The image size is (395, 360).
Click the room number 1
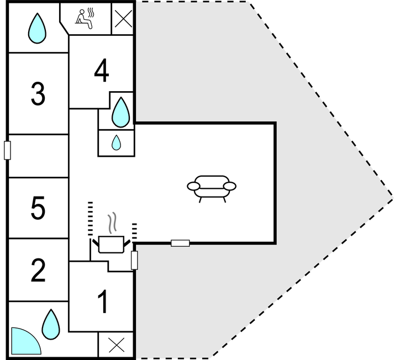coord(102,301)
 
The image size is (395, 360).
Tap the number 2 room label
coord(38,271)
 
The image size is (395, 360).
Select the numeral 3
coord(38,94)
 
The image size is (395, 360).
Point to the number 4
coord(101,70)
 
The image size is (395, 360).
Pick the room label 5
coord(38,209)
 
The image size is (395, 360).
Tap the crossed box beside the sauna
coord(122,19)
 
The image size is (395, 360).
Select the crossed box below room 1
coord(116,345)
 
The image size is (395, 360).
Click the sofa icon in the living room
coord(212,188)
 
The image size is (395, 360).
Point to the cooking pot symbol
coord(111,243)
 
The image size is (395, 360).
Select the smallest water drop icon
coord(116,143)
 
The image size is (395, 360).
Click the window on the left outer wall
coord(7,150)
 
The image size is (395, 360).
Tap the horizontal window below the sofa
coord(180,243)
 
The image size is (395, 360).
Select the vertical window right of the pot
coord(134,260)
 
